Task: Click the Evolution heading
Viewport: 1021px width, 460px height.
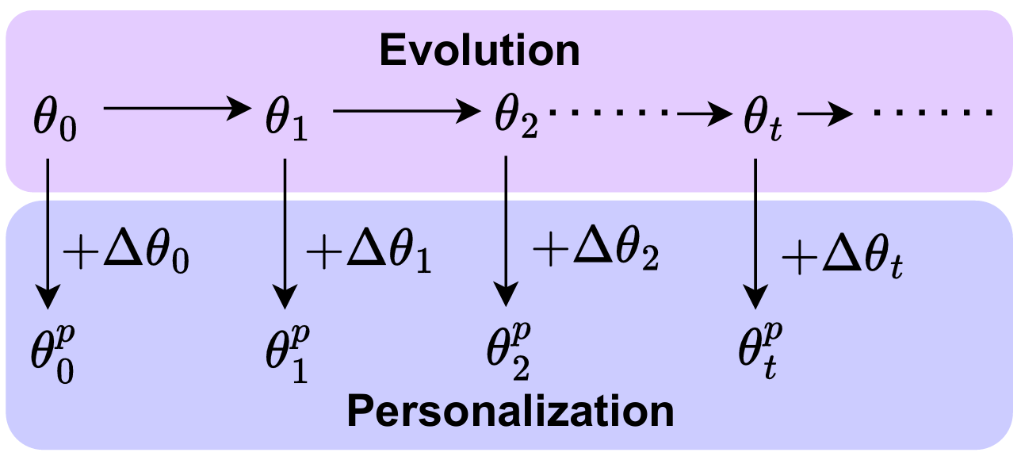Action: coord(480,50)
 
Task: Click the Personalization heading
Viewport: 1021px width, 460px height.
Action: coord(510,411)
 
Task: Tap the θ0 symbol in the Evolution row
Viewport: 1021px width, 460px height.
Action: coord(55,121)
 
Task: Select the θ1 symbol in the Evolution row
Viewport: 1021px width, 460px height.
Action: coord(287,120)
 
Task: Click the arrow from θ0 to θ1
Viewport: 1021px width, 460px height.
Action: coord(178,109)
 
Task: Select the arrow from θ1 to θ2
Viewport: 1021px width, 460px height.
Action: coord(407,111)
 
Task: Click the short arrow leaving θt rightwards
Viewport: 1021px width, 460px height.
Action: coord(825,113)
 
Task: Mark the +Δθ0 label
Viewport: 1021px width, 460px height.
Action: coord(126,254)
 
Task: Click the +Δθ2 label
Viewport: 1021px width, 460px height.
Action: coord(596,250)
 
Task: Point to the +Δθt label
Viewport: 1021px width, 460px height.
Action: coord(843,257)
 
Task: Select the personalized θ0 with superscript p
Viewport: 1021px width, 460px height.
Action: coord(52,355)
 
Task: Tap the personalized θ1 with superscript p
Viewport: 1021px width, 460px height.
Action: coord(288,353)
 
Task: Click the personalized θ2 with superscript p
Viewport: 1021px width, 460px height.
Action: coord(509,351)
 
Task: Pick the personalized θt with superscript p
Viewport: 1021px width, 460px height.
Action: coord(760,351)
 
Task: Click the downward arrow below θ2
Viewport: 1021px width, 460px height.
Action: coord(506,231)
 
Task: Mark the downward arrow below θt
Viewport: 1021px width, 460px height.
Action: coord(755,234)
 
